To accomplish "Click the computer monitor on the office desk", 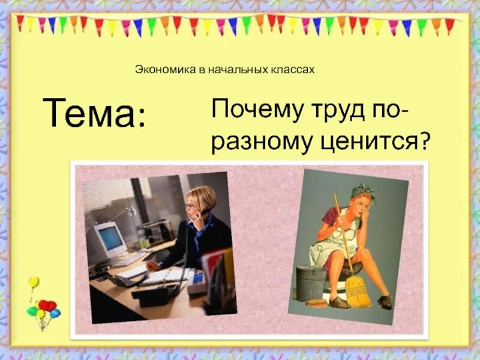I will click(x=110, y=239).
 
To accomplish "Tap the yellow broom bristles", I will click(x=358, y=292).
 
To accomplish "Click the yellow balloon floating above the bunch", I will click(x=34, y=282).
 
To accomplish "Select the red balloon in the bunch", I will click(x=46, y=305).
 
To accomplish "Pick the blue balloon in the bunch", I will click(x=55, y=313).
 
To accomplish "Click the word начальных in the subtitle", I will click(x=234, y=70).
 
